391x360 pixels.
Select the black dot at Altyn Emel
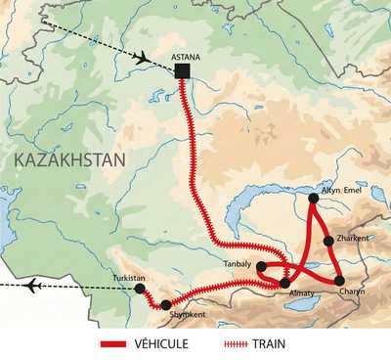tap(313, 199)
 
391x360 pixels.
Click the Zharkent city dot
tap(328, 241)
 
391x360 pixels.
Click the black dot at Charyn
tap(339, 281)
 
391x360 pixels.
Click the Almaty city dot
tap(284, 283)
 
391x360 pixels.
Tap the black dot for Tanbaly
tap(261, 265)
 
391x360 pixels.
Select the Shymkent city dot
tap(165, 305)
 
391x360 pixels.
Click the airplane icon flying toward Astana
tap(138, 57)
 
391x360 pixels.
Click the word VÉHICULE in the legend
tap(161, 344)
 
